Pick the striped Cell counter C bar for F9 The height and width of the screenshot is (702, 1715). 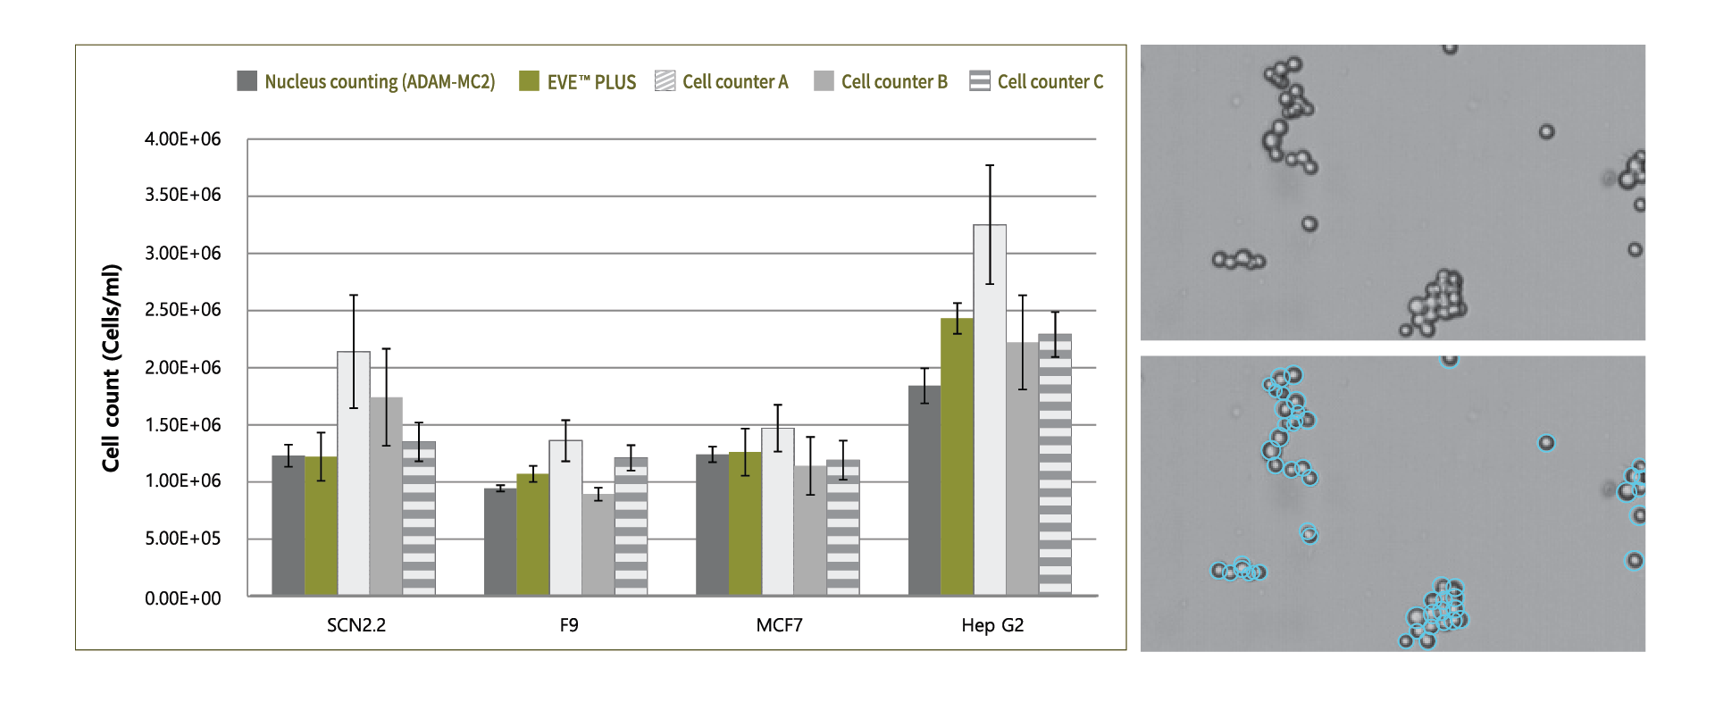631,526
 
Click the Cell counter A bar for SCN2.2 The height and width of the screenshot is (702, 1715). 354,473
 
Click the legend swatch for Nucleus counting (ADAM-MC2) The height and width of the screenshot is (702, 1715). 247,81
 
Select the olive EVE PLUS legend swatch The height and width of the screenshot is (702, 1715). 529,81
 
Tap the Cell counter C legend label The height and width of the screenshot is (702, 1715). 1050,82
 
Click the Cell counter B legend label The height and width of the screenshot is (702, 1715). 893,82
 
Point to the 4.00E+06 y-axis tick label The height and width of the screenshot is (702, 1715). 182,139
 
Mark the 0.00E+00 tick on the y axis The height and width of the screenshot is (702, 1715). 182,598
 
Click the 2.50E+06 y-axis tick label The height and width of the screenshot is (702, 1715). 182,310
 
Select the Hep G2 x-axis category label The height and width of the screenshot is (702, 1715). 992,625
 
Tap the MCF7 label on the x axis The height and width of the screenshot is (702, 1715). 779,625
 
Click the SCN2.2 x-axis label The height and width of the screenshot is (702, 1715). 356,625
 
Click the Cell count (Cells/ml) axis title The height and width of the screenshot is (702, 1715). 111,368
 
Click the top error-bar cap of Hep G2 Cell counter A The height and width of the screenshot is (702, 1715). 990,165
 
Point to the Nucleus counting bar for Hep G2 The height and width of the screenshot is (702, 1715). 924,490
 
